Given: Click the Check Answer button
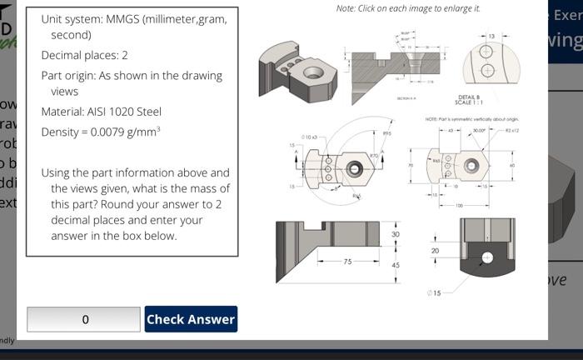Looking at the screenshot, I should coord(191,319).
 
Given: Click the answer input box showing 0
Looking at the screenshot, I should coord(84,319).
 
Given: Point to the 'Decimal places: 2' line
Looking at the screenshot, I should coord(84,55).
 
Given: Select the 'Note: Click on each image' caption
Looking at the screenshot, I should coord(407,8).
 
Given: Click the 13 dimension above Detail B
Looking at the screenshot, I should coord(491,36).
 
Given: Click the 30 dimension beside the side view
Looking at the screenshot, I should coord(396,235).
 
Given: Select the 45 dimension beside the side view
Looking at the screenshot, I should coord(396,265).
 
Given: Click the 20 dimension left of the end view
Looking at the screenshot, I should coord(435,250).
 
